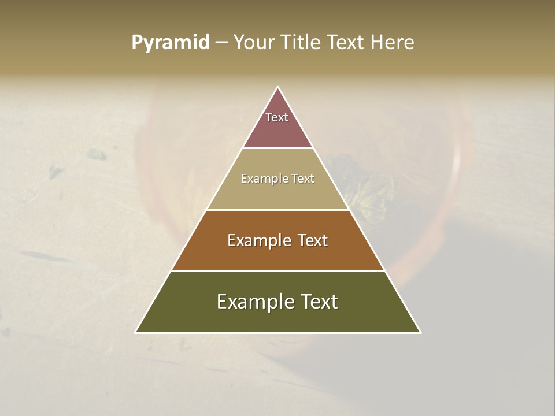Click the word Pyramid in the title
point(171,43)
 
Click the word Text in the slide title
point(346,42)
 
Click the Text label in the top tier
point(277,117)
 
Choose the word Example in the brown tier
point(254,240)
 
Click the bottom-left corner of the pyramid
point(136,332)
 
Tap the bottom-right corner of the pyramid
point(420,332)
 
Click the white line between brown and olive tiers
point(277,271)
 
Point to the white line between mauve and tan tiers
point(277,148)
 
